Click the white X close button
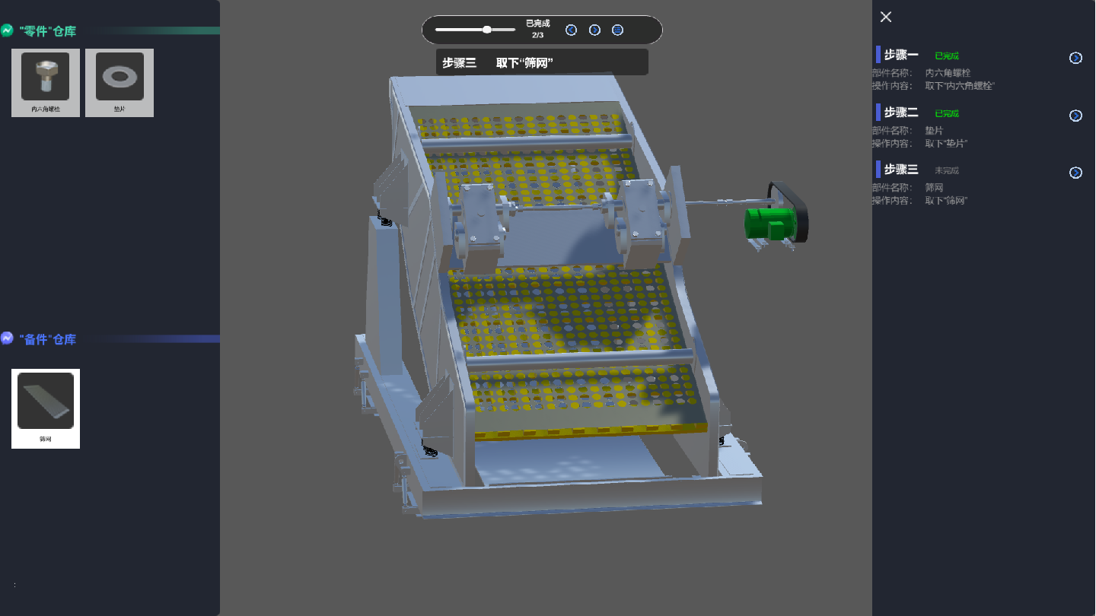click(885, 17)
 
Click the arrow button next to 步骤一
click(1075, 58)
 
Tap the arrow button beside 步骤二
click(1075, 116)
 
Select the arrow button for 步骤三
click(1075, 173)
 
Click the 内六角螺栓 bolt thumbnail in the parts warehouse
click(46, 78)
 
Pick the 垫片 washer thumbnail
click(119, 78)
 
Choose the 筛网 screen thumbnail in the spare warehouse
click(46, 402)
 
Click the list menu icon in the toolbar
click(618, 30)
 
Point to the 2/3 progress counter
click(537, 35)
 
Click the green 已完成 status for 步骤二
click(947, 113)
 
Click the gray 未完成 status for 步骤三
click(947, 170)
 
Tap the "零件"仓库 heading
click(48, 31)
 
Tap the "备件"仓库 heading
click(48, 339)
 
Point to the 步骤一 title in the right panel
click(901, 56)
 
